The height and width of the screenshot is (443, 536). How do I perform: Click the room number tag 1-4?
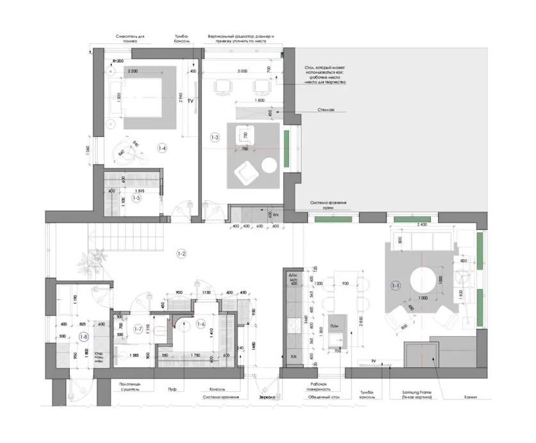[x=163, y=149]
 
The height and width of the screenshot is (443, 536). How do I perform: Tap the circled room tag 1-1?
[x=396, y=286]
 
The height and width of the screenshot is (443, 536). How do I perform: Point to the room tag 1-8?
[x=83, y=336]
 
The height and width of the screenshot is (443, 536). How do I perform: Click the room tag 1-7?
[x=136, y=329]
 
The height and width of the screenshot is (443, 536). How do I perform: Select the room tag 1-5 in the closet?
[x=136, y=198]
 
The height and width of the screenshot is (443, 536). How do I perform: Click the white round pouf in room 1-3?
[x=269, y=165]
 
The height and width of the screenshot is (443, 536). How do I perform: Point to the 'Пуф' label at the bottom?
[x=172, y=388]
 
